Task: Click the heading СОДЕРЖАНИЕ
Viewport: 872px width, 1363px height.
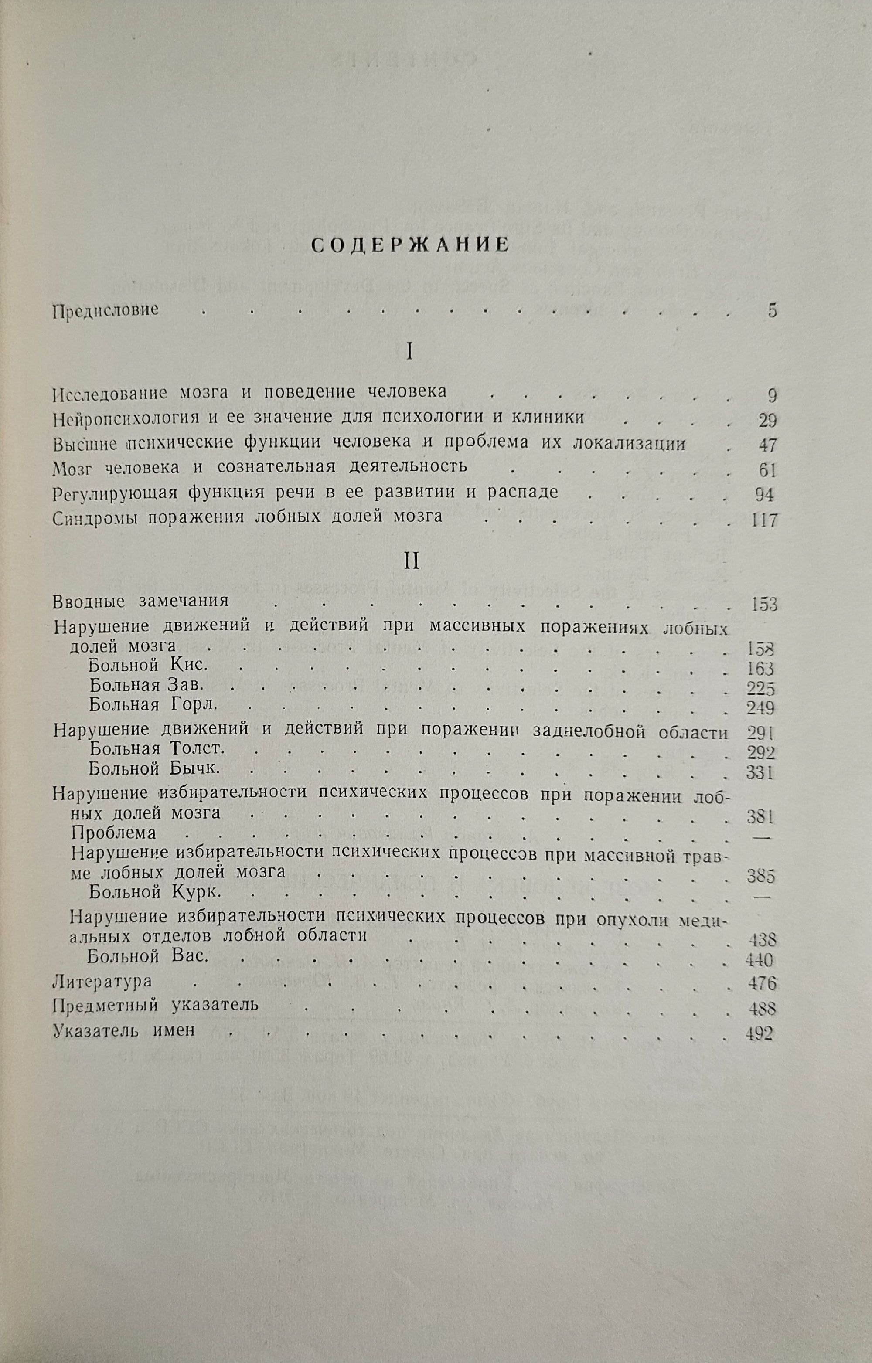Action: coord(411,245)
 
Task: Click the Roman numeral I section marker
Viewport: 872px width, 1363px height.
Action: coord(411,352)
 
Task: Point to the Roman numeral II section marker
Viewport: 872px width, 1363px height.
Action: coord(411,561)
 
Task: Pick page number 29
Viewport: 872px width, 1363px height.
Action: coord(767,420)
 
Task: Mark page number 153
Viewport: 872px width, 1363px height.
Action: coord(763,604)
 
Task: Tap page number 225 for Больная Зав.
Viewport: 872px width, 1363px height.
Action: coord(760,688)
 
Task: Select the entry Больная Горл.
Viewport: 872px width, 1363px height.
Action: coord(153,705)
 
